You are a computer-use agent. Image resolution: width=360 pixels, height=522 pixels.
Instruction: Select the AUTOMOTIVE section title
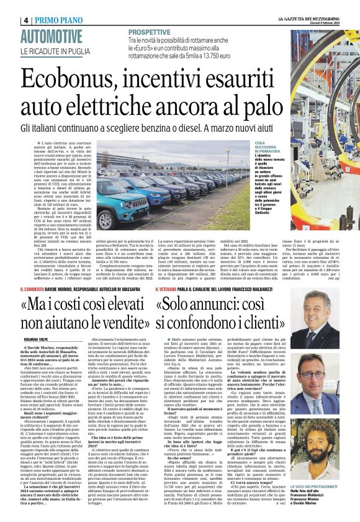pos(51,36)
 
